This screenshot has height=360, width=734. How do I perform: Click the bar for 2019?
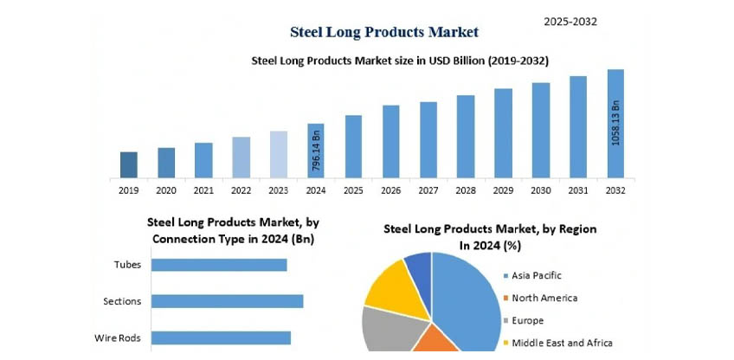(x=129, y=164)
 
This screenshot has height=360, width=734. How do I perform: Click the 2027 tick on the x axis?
(x=428, y=190)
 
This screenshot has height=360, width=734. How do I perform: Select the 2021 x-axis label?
(x=203, y=190)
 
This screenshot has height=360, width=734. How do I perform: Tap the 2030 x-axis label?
(x=541, y=190)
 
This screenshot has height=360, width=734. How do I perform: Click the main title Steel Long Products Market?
(x=383, y=32)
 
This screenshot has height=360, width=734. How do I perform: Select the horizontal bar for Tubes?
(x=220, y=264)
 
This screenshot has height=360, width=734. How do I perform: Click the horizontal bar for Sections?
(x=228, y=300)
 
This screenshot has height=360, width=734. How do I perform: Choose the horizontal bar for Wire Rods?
(x=222, y=337)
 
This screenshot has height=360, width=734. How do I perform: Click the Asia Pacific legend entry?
(x=537, y=275)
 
